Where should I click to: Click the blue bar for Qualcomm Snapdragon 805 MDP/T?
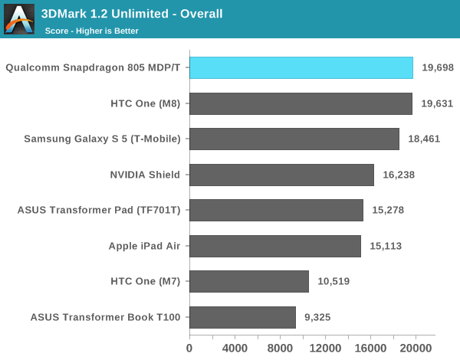click(x=301, y=67)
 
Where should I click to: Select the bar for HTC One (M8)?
click(x=301, y=103)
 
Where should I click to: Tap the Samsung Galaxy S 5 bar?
click(x=294, y=139)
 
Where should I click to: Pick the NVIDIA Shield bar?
click(x=281, y=175)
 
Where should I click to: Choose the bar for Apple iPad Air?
click(x=275, y=246)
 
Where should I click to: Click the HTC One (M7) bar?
click(x=249, y=281)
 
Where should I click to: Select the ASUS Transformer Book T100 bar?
click(x=242, y=317)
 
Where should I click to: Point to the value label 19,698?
click(x=438, y=67)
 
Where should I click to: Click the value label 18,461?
click(x=424, y=139)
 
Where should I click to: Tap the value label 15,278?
click(x=388, y=210)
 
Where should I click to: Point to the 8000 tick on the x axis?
click(x=280, y=347)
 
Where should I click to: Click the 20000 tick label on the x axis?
click(x=416, y=347)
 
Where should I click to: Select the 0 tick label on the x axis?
click(x=189, y=347)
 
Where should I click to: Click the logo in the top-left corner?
click(x=19, y=19)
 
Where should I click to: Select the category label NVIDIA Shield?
click(x=145, y=175)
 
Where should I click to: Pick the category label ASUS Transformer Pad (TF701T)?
click(x=99, y=210)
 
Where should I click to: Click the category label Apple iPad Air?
click(x=144, y=246)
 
